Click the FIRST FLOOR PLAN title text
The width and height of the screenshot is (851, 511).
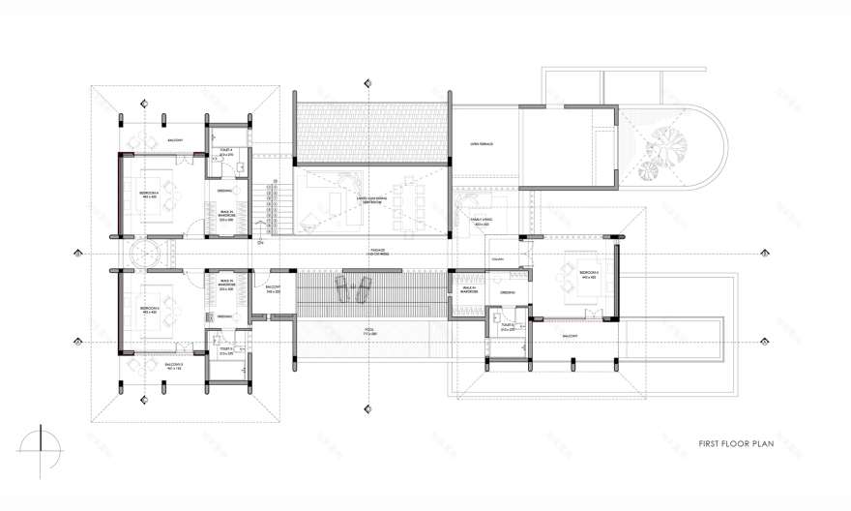click(x=736, y=446)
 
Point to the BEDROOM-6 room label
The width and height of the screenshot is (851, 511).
click(x=589, y=274)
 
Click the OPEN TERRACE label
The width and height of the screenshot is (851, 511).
click(x=481, y=144)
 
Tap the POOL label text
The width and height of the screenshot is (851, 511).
click(x=369, y=330)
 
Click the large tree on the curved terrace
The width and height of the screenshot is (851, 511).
click(x=668, y=145)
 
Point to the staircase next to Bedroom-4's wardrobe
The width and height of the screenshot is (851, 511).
click(x=274, y=208)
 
